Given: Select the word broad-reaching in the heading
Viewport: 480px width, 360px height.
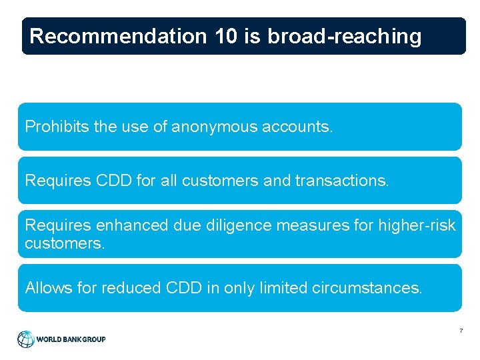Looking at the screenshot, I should click(345, 36).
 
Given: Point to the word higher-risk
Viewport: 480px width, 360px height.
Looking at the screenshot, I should click(417, 225).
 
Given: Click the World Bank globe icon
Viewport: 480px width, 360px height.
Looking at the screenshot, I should click(26, 339).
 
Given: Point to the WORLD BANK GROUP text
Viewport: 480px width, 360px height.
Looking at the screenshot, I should click(71, 339).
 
